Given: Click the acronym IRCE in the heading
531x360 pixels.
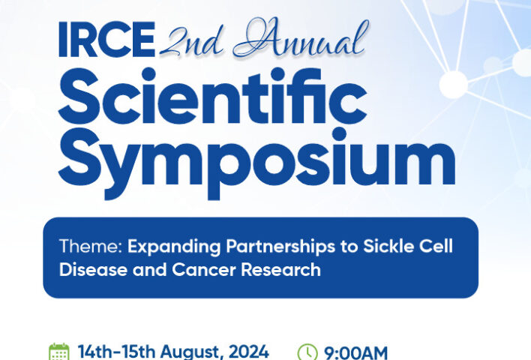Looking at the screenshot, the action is [x=107, y=39].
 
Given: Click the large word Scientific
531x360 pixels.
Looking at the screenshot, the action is [x=213, y=96].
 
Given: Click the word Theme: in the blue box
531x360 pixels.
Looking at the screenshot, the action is [x=91, y=246].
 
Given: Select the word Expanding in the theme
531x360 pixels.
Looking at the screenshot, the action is [x=174, y=247].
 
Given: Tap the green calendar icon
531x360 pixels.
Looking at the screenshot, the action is [x=59, y=352].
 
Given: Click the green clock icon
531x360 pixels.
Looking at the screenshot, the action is [x=307, y=352].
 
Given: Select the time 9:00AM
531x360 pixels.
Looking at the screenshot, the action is [x=356, y=353].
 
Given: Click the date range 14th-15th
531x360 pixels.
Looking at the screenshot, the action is [x=116, y=352].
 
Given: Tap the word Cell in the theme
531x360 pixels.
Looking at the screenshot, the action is [x=436, y=246].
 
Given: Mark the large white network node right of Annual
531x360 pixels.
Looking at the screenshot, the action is [x=454, y=84].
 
